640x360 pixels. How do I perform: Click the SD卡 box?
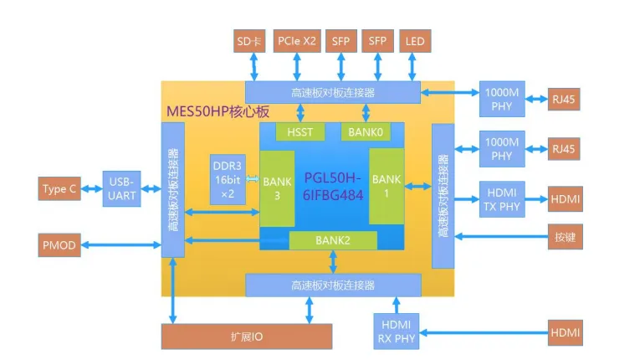click(x=248, y=41)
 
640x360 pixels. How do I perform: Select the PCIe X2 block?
click(x=297, y=41)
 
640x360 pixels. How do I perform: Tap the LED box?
click(x=415, y=41)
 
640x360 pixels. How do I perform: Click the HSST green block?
click(x=300, y=131)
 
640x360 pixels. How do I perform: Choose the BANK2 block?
click(x=332, y=240)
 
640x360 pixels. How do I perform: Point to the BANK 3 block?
click(x=277, y=188)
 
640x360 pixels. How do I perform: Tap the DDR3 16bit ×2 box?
click(x=227, y=178)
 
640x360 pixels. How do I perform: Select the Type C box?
click(x=60, y=189)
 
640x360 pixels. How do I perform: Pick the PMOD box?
click(x=60, y=245)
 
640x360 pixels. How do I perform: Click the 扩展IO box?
click(x=247, y=336)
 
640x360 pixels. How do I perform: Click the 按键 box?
click(x=565, y=238)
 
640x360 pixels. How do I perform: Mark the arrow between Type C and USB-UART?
click(x=92, y=189)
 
